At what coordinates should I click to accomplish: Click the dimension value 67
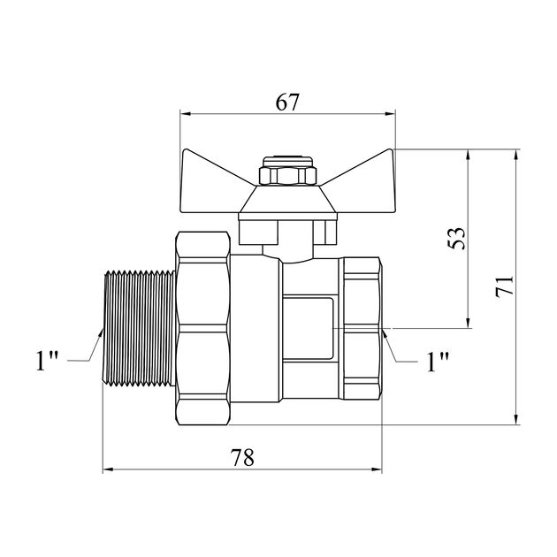click(x=287, y=103)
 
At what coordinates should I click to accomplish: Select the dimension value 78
click(x=242, y=458)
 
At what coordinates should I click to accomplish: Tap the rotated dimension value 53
click(x=456, y=238)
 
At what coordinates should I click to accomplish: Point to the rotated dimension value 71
click(x=505, y=285)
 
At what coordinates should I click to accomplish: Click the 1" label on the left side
click(x=47, y=361)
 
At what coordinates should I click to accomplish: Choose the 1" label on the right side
click(x=438, y=362)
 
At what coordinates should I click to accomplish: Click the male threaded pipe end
click(x=140, y=328)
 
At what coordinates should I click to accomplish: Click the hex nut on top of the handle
click(x=287, y=175)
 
